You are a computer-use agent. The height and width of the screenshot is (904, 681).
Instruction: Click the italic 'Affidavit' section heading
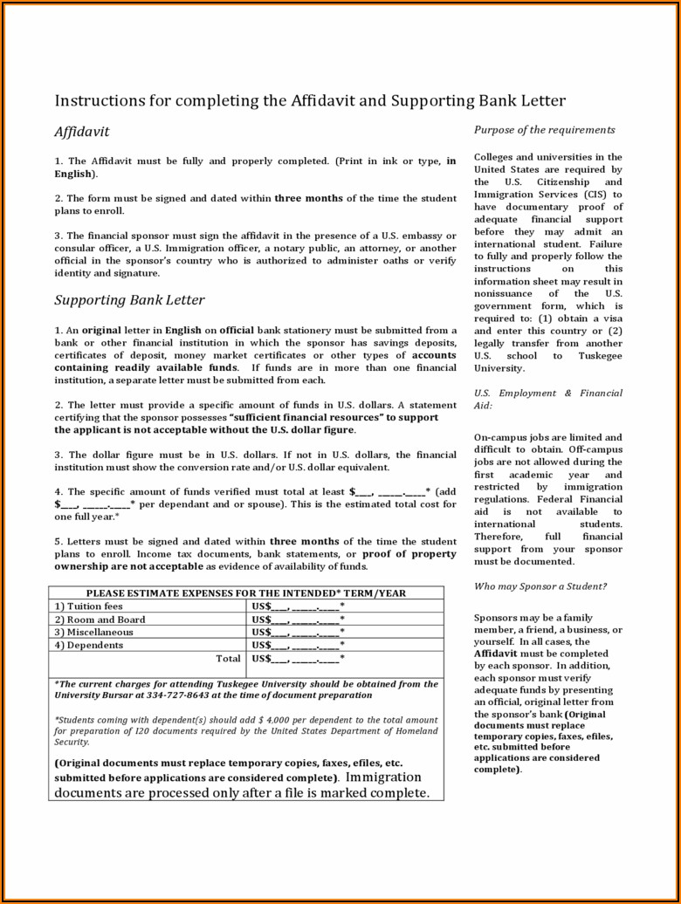coord(82,132)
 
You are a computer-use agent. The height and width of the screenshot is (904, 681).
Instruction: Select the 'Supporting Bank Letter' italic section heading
coord(129,300)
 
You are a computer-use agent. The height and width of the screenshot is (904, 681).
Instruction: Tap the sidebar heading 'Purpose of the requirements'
coord(544,130)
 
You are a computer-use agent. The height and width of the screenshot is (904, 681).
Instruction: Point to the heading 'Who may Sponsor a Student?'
coord(540,586)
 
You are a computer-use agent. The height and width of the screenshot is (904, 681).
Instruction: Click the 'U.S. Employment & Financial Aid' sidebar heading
coord(547,399)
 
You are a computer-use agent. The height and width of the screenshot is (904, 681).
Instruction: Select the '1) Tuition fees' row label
coord(88,606)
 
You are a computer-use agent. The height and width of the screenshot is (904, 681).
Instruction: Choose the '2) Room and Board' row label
coord(100,620)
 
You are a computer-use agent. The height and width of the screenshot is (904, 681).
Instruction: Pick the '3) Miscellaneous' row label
coord(93,632)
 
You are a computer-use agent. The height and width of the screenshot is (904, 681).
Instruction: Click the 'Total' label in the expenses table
coord(228,658)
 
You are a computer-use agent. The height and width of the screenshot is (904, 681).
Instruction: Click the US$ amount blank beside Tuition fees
coord(297,606)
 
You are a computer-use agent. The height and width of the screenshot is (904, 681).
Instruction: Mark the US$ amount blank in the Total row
coord(297,659)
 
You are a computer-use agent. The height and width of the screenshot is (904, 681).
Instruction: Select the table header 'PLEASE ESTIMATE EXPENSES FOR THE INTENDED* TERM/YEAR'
coord(245,593)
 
